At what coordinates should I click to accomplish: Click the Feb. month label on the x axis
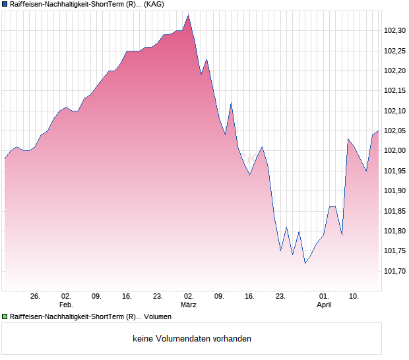[x=65, y=305]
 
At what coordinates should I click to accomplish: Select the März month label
[x=189, y=305]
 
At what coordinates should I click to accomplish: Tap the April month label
[x=324, y=305]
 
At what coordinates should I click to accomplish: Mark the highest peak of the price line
[x=188, y=15]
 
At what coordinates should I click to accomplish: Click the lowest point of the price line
[x=305, y=263]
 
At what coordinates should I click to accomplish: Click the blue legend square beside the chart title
[x=5, y=5]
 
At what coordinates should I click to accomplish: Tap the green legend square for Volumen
[x=5, y=316]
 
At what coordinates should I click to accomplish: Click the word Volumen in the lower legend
[x=158, y=316]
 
